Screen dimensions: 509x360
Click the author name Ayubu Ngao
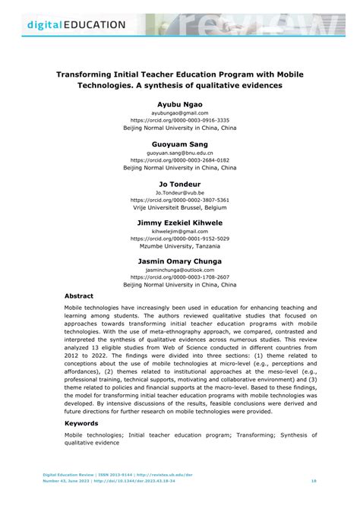click(180, 101)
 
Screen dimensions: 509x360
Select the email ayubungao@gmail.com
click(180, 112)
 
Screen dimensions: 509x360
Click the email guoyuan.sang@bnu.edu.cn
click(180, 153)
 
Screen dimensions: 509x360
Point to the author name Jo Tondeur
click(180, 183)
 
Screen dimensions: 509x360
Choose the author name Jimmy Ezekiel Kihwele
click(180, 223)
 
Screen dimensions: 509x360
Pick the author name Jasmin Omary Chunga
click(180, 261)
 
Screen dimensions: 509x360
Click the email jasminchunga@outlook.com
click(180, 271)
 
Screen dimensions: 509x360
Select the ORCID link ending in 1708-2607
click(180, 277)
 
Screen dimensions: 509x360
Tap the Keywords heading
click(81, 422)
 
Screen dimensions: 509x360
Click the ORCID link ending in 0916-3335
click(180, 120)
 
